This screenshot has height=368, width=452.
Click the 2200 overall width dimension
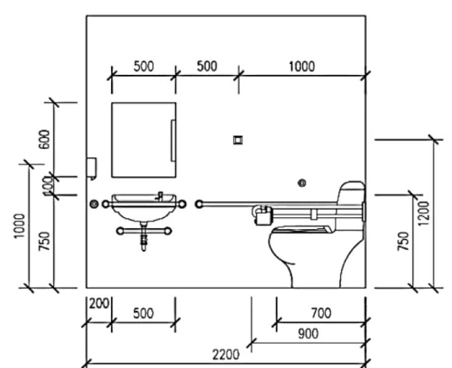click(x=226, y=355)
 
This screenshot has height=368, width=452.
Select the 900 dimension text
click(x=308, y=334)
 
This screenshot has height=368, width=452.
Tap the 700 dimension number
click(x=322, y=313)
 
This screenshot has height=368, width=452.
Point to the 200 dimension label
click(x=98, y=304)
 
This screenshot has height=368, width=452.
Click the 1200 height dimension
click(x=423, y=214)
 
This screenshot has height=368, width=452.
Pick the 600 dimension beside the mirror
click(x=44, y=139)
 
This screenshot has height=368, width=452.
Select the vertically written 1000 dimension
click(x=20, y=226)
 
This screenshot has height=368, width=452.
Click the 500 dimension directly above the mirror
click(x=144, y=66)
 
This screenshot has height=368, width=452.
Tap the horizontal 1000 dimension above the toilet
click(x=302, y=67)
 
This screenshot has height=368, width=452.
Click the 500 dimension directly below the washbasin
click(x=143, y=313)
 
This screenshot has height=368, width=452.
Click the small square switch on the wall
click(x=238, y=140)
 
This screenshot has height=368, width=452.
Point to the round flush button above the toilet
click(x=302, y=183)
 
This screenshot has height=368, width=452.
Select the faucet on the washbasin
click(x=159, y=196)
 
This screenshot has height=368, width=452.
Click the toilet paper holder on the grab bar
click(x=263, y=215)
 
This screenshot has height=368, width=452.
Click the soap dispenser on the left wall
click(x=92, y=168)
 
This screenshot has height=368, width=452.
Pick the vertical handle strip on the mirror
click(x=173, y=141)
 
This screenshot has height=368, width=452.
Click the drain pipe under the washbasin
click(x=144, y=237)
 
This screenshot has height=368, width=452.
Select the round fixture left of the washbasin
click(x=93, y=204)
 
